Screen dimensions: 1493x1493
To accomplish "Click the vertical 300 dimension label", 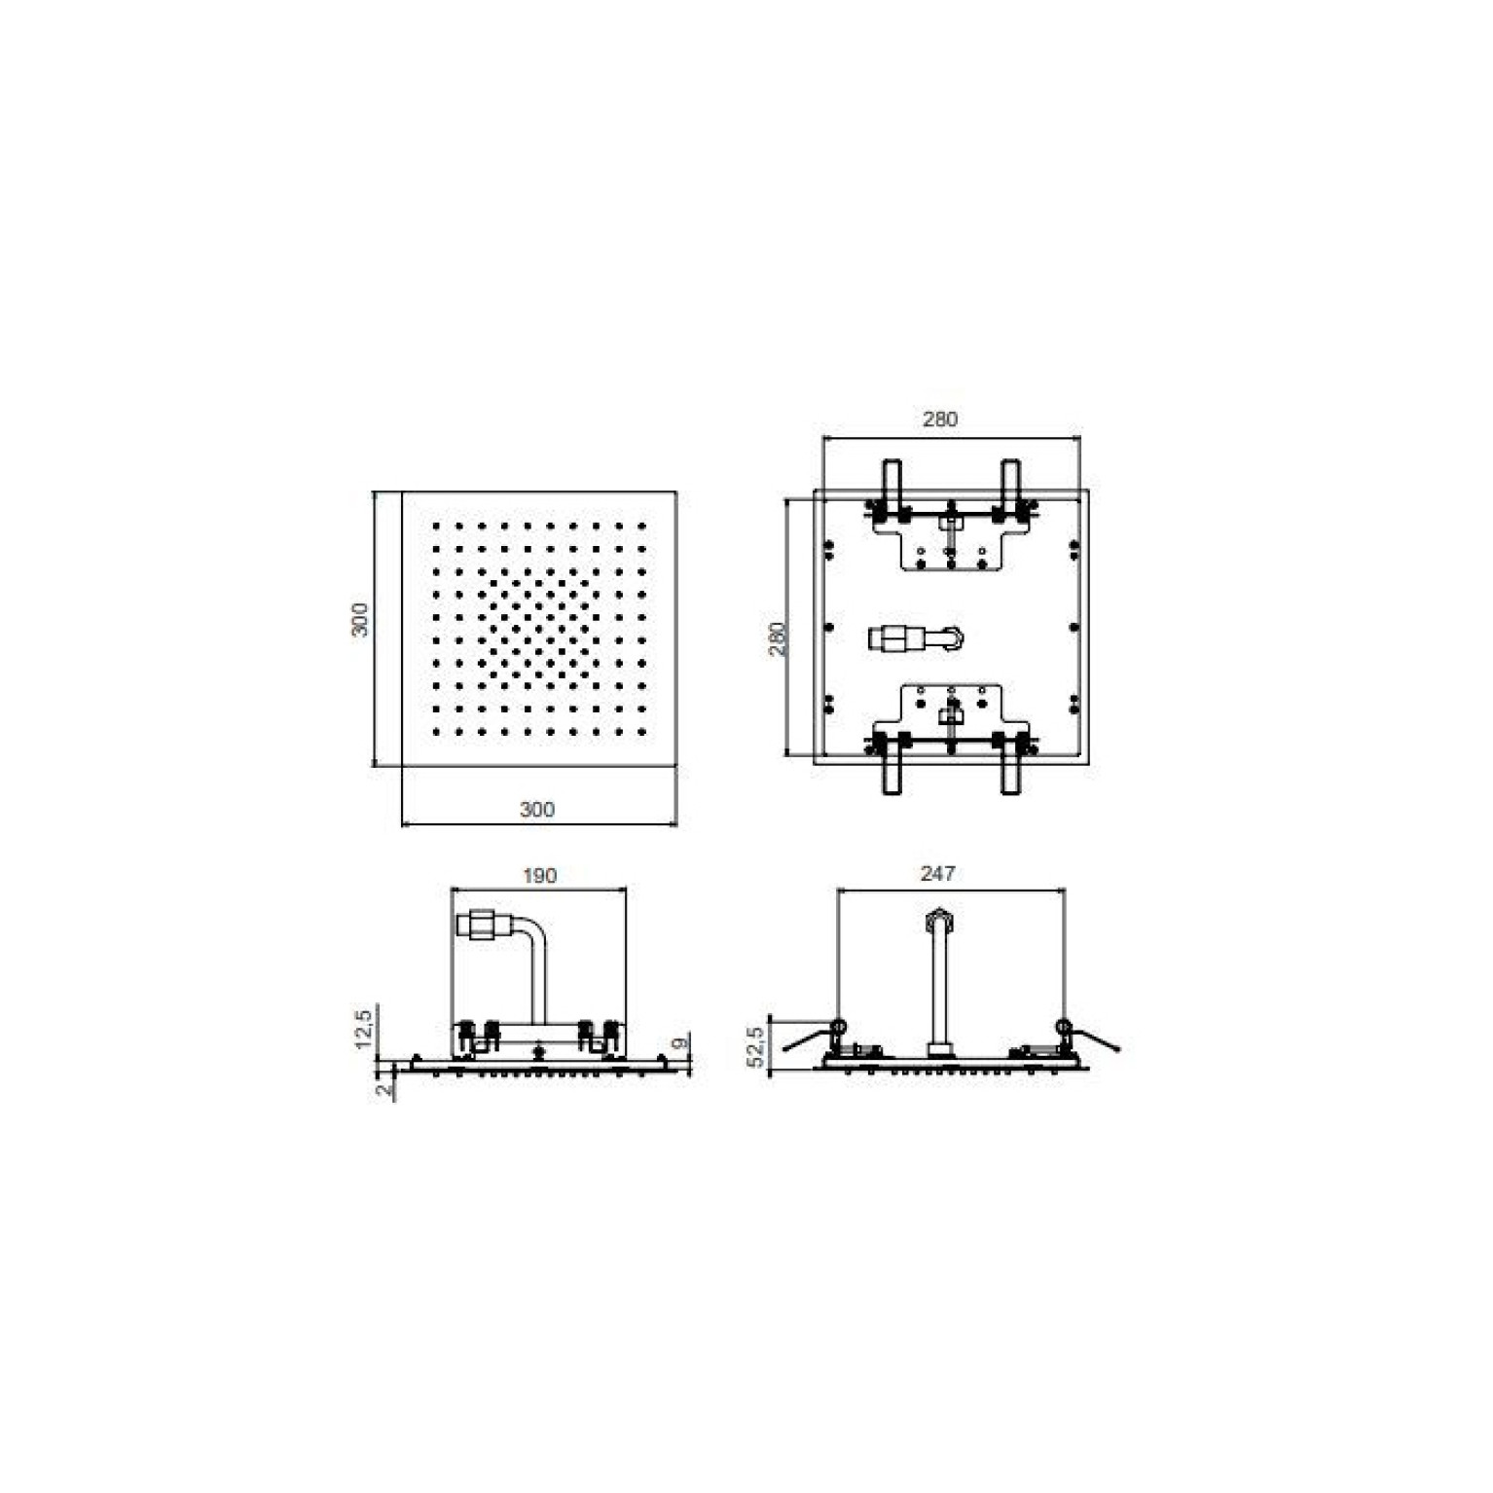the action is pos(360,620).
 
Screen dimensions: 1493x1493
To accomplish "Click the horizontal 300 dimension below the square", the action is pos(537,809).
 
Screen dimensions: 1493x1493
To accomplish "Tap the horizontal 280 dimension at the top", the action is pos(940,419).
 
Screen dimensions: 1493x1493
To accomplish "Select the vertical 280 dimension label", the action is pos(778,638).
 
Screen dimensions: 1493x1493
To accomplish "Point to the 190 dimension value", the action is pos(539,876).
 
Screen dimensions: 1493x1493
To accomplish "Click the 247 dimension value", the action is pos(937,874).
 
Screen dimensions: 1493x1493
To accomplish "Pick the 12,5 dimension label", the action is pos(363,1029).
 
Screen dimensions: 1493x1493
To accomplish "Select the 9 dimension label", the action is pos(681,1042).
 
